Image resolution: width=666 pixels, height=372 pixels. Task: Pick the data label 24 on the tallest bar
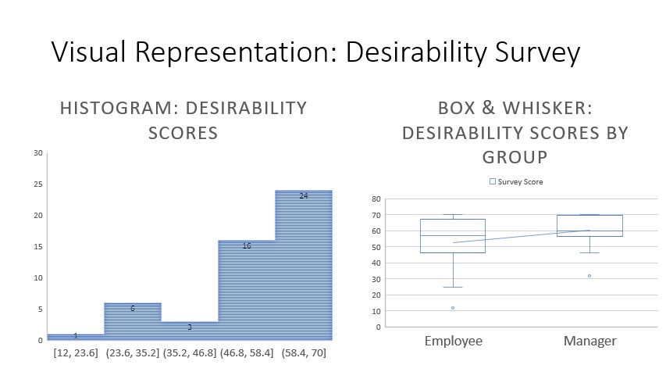point(303,196)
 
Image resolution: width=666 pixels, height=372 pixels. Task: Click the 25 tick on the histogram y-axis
point(38,184)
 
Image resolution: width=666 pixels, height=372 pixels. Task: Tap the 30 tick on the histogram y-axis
point(38,152)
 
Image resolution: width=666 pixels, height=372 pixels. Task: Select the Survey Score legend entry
point(516,181)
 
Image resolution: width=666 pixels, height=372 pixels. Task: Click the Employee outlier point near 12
point(453,308)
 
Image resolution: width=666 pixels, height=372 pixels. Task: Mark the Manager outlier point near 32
point(589,276)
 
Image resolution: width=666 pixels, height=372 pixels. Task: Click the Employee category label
point(453,341)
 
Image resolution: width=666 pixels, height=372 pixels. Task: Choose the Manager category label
point(590,341)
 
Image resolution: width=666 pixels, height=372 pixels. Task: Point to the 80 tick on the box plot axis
point(376,199)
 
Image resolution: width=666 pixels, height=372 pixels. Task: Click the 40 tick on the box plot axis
point(376,263)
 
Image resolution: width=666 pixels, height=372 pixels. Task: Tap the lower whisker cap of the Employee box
point(453,287)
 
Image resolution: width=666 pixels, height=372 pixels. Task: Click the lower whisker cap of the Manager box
point(589,252)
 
